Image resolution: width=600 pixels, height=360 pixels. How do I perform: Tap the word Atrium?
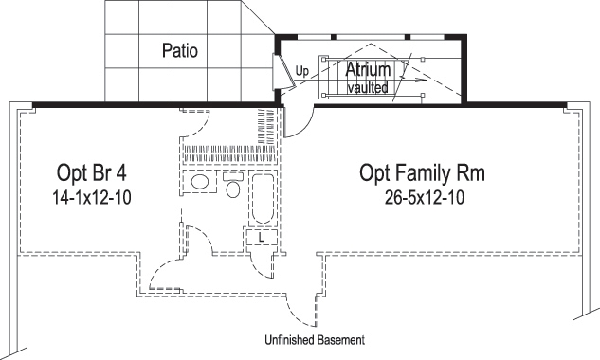click(x=369, y=69)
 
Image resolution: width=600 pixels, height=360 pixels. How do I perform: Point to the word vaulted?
click(x=369, y=87)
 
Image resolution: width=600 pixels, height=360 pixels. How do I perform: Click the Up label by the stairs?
click(x=301, y=71)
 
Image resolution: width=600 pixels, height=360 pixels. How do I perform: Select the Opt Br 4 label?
click(x=90, y=173)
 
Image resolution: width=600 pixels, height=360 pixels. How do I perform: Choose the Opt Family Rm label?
click(x=422, y=173)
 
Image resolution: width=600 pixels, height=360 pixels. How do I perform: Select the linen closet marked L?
click(x=261, y=239)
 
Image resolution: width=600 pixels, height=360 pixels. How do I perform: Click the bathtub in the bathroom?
click(x=263, y=200)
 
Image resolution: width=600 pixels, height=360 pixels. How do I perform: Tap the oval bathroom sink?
click(x=200, y=182)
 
